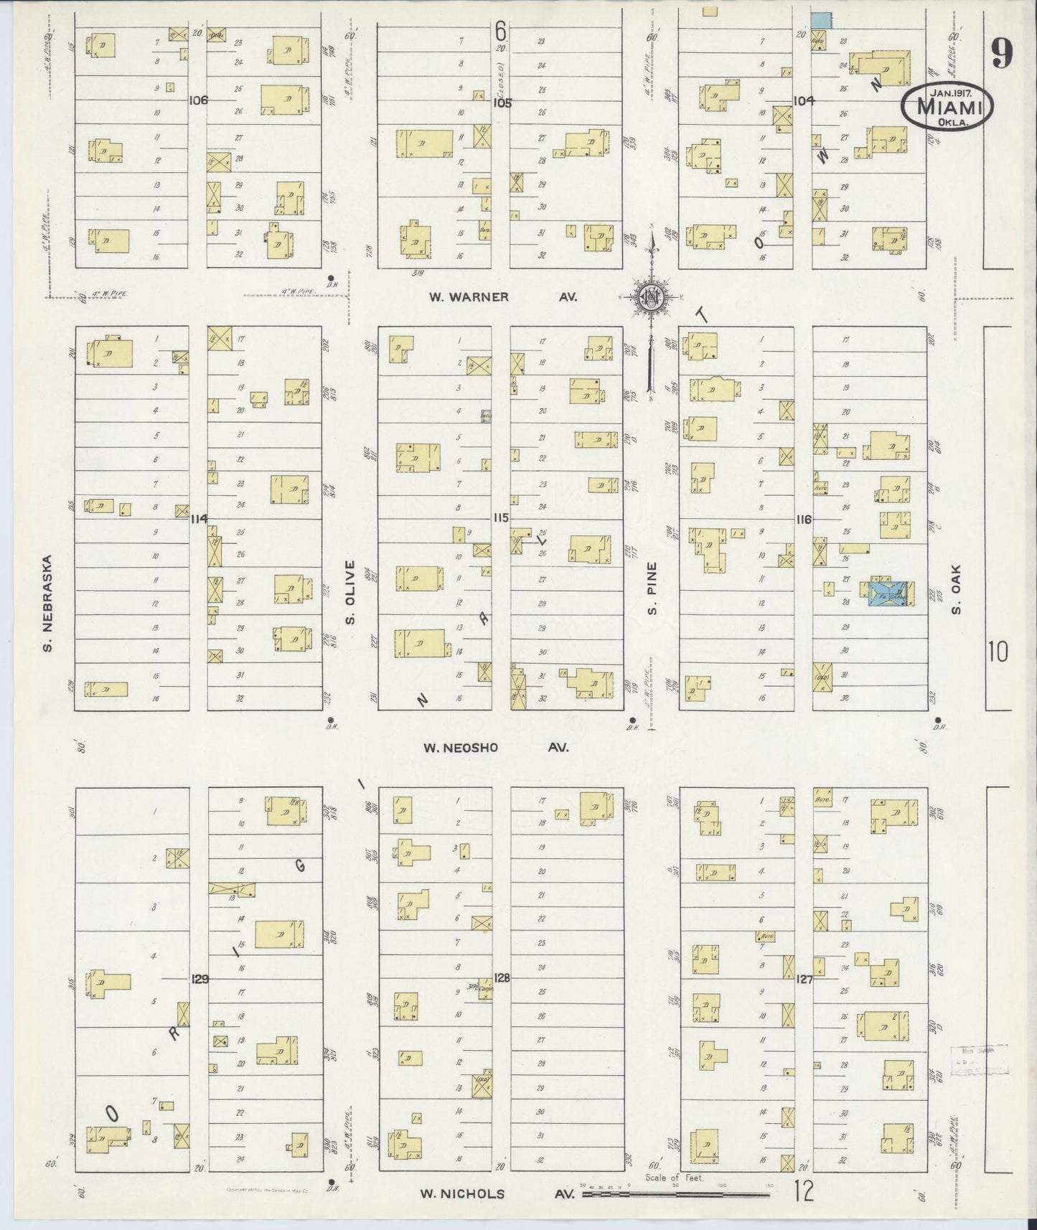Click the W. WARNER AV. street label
[502, 297]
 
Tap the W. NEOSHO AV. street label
[495, 748]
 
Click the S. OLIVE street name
[350, 593]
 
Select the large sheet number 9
[1002, 52]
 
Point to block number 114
[199, 518]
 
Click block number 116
[803, 519]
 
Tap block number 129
[200, 978]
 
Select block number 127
[804, 978]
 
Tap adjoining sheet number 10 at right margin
[998, 652]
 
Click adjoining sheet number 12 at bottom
[804, 1192]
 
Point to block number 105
[501, 103]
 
